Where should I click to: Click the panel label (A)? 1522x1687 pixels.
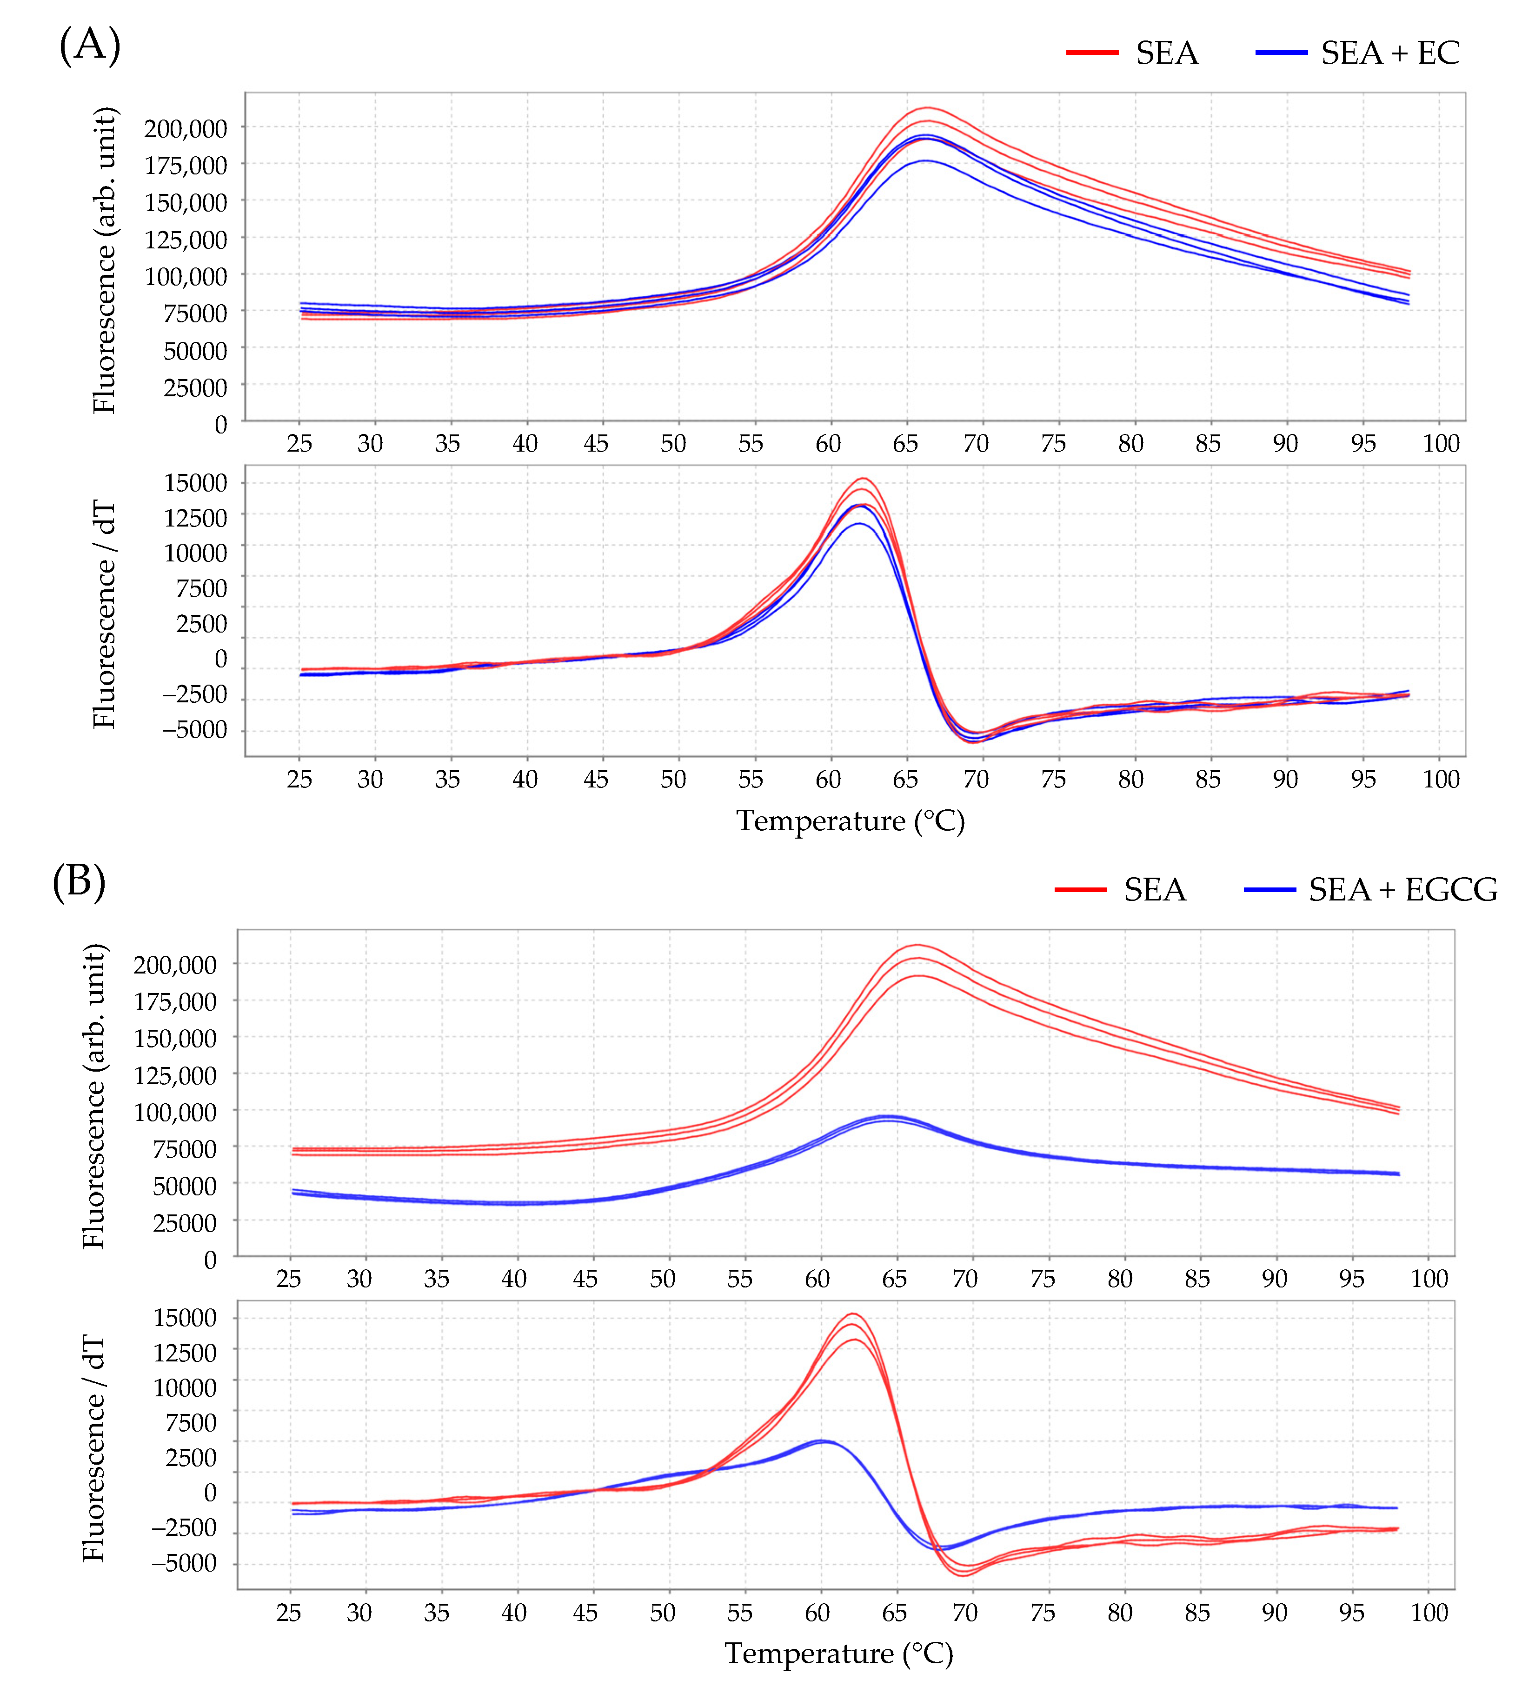pyautogui.click(x=89, y=44)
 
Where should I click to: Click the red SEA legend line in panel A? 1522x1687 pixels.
pyautogui.click(x=1091, y=53)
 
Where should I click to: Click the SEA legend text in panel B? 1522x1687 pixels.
pyautogui.click(x=1154, y=889)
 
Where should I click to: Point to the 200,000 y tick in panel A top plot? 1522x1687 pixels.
pyautogui.click(x=186, y=129)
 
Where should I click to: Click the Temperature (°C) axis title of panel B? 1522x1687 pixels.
pyautogui.click(x=839, y=1654)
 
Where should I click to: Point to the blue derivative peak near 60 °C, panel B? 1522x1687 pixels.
pyautogui.click(x=821, y=1440)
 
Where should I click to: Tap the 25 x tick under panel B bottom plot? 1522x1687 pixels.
pyautogui.click(x=288, y=1613)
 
